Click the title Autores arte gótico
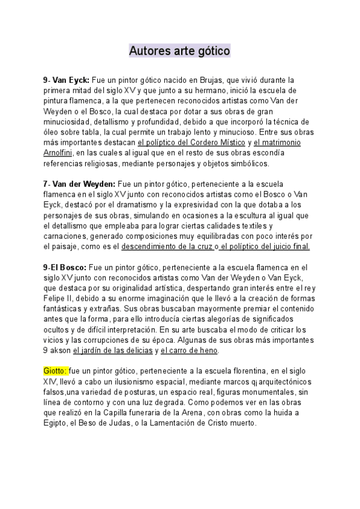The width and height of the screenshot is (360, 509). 179,52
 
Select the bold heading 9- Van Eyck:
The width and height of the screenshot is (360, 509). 67,80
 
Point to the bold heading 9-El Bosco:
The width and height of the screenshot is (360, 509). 65,267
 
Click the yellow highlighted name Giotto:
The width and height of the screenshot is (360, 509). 56,370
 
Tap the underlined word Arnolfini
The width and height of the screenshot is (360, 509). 59,152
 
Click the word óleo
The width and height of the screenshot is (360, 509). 53,132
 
